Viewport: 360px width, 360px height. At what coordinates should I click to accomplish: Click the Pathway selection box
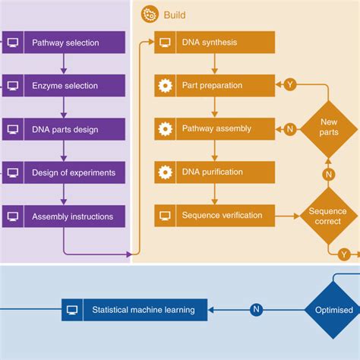[64, 43]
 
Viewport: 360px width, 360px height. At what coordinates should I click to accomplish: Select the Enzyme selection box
[64, 86]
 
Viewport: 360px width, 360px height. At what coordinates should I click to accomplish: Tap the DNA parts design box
[64, 129]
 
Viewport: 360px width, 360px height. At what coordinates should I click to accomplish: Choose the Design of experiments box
[64, 172]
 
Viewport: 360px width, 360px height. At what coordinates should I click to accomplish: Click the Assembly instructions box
[64, 216]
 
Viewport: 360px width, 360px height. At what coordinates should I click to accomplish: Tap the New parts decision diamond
[329, 128]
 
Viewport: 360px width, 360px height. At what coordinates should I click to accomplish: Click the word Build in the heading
[174, 14]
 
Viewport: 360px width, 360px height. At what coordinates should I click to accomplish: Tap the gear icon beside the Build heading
[150, 14]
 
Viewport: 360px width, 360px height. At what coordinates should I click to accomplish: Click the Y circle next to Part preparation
[289, 85]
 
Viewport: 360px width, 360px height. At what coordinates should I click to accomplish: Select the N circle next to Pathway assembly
[289, 129]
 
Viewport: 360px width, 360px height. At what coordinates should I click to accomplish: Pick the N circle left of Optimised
[257, 310]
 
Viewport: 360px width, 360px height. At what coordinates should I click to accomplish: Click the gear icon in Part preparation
[165, 86]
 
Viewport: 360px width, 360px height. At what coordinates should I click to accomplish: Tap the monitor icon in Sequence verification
[165, 216]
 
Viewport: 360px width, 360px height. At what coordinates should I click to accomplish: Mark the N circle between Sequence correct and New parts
[329, 174]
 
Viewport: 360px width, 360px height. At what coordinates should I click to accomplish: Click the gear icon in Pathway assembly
[165, 129]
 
